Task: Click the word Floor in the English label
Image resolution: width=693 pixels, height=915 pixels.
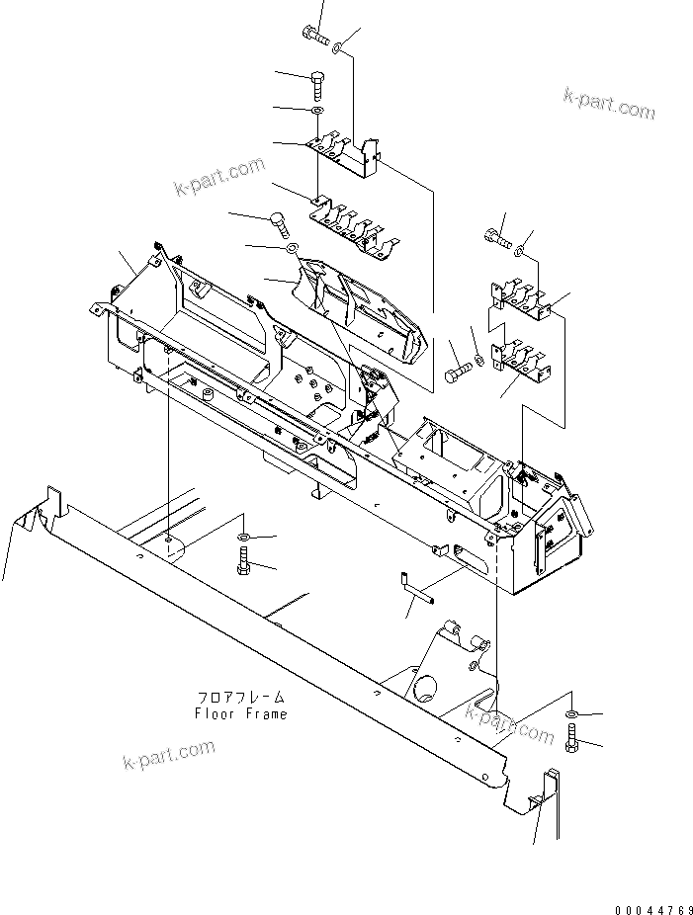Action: [214, 713]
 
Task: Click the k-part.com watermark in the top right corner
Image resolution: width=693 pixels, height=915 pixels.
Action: [609, 103]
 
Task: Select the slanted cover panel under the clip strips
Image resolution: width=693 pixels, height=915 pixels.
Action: [366, 306]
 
